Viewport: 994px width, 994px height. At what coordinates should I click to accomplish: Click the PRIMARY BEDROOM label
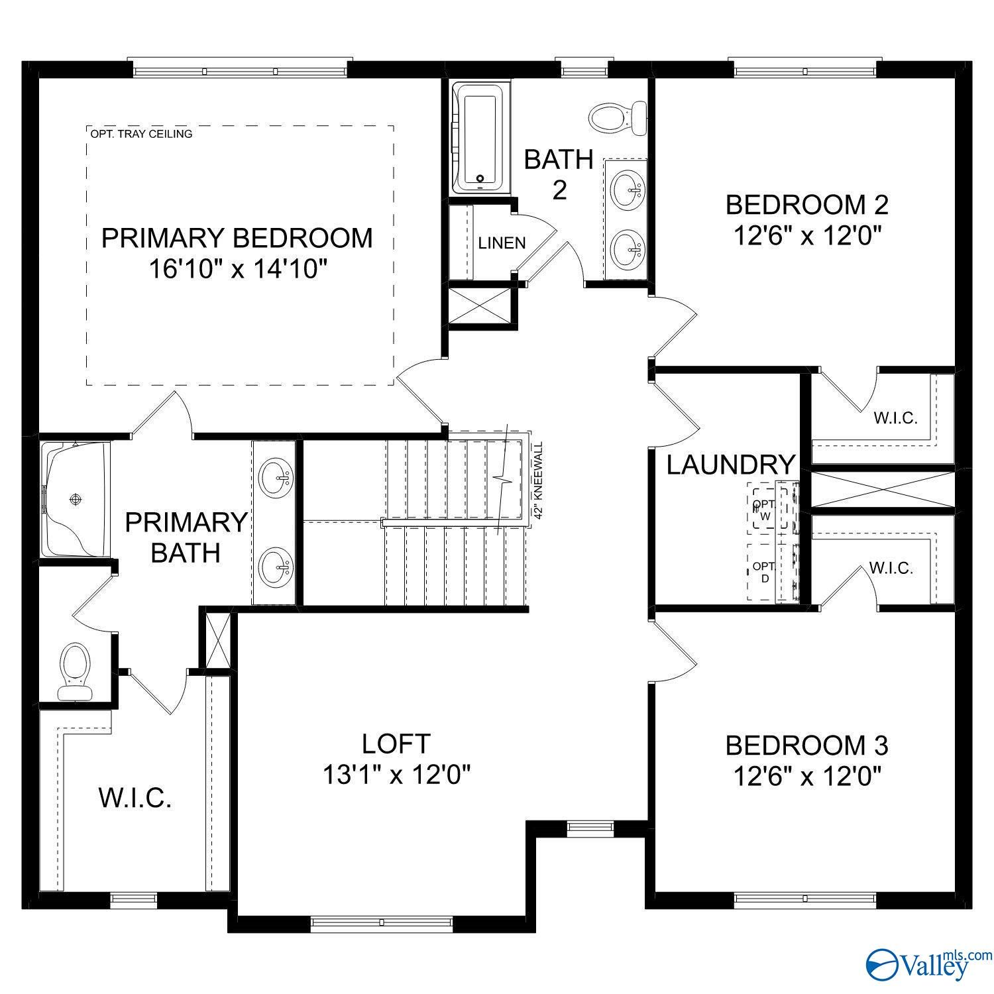[237, 238]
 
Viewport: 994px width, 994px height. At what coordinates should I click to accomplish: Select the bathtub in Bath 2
[478, 138]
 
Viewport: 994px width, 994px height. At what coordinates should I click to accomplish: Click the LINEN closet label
[502, 243]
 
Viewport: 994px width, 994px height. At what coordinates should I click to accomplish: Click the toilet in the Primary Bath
[74, 670]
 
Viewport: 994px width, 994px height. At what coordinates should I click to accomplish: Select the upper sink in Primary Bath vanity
[276, 477]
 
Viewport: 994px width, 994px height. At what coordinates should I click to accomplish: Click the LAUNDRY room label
[730, 465]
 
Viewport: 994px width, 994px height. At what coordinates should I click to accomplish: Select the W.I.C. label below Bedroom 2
[894, 418]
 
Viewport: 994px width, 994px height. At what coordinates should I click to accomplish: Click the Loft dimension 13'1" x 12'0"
[396, 774]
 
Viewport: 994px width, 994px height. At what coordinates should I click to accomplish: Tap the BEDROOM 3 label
[806, 745]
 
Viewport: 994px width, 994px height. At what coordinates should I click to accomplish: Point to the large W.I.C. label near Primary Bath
[135, 798]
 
